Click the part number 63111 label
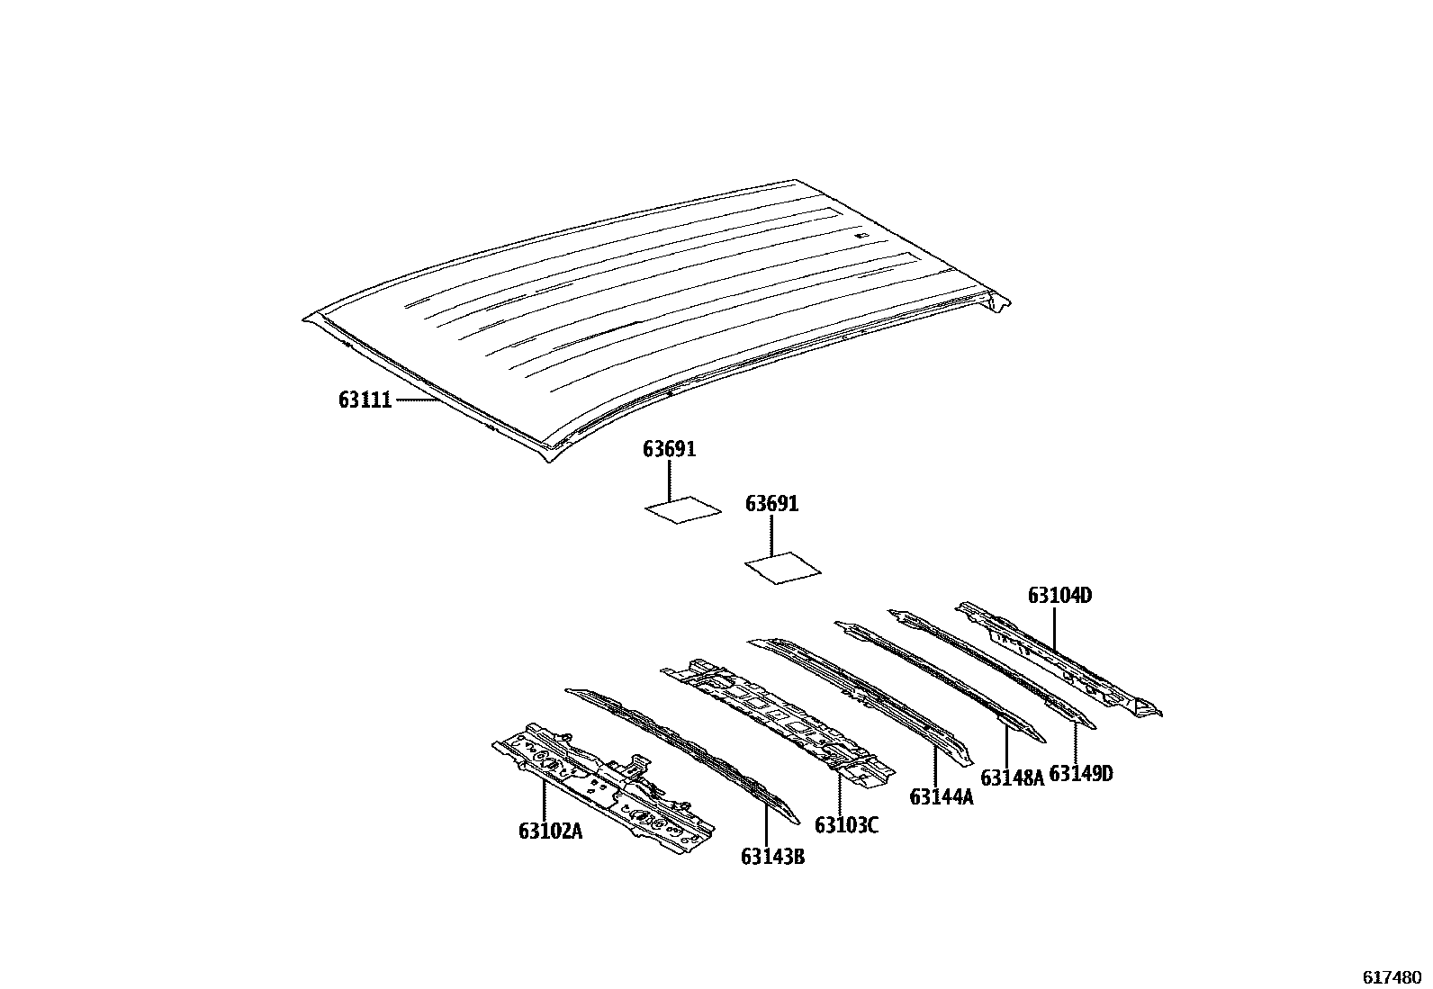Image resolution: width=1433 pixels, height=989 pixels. coord(365,400)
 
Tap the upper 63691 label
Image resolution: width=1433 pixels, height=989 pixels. coord(669,449)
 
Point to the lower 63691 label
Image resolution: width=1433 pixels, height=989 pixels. coord(771,504)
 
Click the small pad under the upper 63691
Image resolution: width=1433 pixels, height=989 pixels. coord(683,510)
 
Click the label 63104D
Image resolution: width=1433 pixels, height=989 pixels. coord(1059,596)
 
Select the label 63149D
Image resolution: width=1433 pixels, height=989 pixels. coord(1081,773)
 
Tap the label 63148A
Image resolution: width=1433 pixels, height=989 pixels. coord(1012,778)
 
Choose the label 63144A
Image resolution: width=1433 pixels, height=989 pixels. coord(942,797)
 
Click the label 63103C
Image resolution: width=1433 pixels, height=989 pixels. coord(846,824)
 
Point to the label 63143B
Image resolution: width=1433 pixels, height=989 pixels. coord(772,857)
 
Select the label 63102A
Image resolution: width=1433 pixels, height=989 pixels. coord(550,832)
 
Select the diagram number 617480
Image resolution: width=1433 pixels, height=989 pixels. coord(1391,976)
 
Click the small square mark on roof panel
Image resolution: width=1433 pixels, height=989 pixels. coord(861,236)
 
